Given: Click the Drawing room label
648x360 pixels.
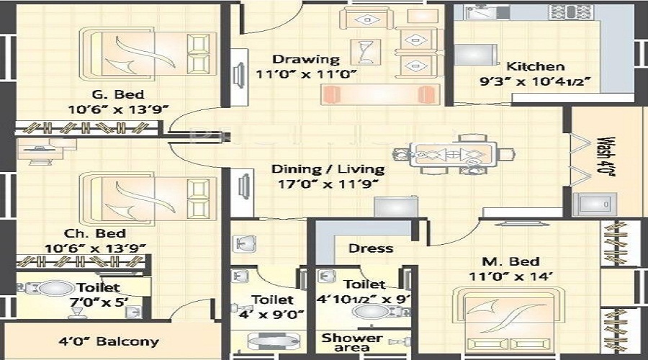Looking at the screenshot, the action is click(x=306, y=59).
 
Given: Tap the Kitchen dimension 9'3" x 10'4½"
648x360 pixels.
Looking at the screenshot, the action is click(x=535, y=81).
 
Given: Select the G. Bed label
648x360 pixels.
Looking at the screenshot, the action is click(x=118, y=94).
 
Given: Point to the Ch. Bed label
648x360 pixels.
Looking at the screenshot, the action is click(x=95, y=233).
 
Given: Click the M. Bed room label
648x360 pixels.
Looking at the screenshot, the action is click(x=510, y=261).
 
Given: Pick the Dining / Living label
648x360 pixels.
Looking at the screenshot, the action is click(x=328, y=169).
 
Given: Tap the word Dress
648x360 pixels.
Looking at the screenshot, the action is click(x=370, y=248).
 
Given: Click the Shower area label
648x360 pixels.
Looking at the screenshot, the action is click(x=352, y=343).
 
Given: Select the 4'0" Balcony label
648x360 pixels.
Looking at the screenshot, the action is click(x=109, y=341).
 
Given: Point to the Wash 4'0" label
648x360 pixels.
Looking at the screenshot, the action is click(x=606, y=157).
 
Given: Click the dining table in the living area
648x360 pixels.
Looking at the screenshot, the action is click(x=454, y=155).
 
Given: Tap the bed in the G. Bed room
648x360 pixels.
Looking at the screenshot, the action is click(x=148, y=54).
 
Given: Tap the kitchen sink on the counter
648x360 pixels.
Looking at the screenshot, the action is click(x=481, y=12).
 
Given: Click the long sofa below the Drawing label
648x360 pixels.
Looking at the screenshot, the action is click(x=380, y=94).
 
